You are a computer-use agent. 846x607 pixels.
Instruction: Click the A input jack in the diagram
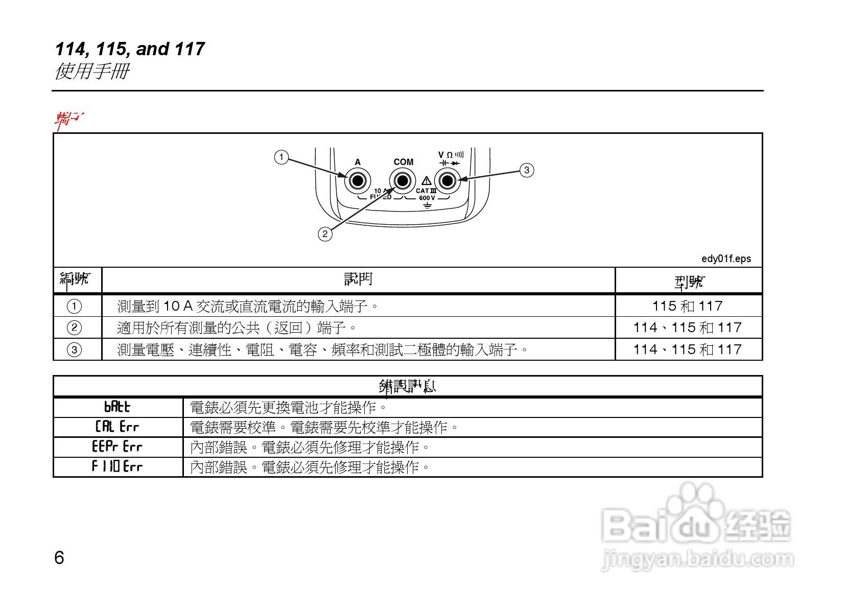point(357,181)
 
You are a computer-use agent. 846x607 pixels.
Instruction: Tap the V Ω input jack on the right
point(448,181)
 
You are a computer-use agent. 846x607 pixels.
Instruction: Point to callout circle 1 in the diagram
point(281,157)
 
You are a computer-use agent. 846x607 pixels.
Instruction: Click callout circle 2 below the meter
point(325,234)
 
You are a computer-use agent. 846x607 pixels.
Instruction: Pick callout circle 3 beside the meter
point(527,170)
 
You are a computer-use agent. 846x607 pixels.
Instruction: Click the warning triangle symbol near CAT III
point(426,181)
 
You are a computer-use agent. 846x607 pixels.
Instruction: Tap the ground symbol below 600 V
point(427,206)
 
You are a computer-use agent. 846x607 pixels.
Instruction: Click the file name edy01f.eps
point(726,259)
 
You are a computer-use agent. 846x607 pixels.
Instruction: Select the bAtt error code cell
point(118,407)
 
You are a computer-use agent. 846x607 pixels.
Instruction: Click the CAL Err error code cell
point(118,427)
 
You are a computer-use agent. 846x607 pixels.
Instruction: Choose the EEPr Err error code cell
point(118,447)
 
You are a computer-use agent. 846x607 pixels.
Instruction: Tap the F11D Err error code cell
point(118,466)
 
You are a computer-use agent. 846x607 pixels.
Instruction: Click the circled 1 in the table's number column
point(74,306)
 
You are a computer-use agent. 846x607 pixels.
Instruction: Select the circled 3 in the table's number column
point(74,349)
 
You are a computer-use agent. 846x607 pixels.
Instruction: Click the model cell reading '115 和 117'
point(687,306)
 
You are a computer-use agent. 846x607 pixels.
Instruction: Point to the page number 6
point(59,557)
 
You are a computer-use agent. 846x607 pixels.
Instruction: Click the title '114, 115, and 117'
point(130,49)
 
